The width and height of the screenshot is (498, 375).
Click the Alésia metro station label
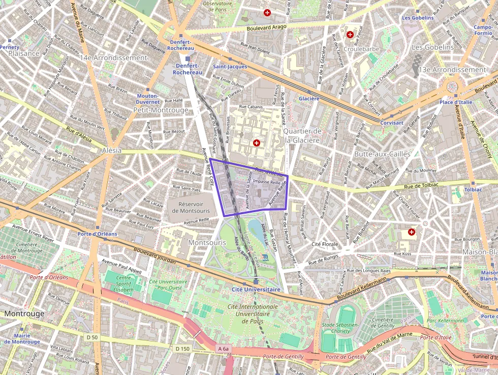[x=112, y=151]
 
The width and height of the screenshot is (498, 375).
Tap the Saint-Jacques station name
[x=230, y=67]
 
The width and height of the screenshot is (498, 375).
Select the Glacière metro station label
[x=309, y=98]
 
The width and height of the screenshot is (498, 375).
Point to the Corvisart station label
[x=392, y=123]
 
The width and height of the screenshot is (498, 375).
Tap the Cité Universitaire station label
[x=256, y=290]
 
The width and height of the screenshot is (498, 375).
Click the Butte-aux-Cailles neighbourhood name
[x=382, y=154]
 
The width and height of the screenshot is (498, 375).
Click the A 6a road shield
[x=224, y=349]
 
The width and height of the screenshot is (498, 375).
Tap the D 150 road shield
[x=182, y=349]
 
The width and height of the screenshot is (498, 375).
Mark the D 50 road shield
[x=92, y=337]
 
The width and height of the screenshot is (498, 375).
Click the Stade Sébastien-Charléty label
[x=340, y=328]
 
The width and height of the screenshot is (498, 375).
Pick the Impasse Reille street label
[x=267, y=181]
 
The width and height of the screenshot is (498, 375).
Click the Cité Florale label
[x=325, y=244]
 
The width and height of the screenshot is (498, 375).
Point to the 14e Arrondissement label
[x=113, y=57]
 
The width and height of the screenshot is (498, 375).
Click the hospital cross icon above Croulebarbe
[x=350, y=35]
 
